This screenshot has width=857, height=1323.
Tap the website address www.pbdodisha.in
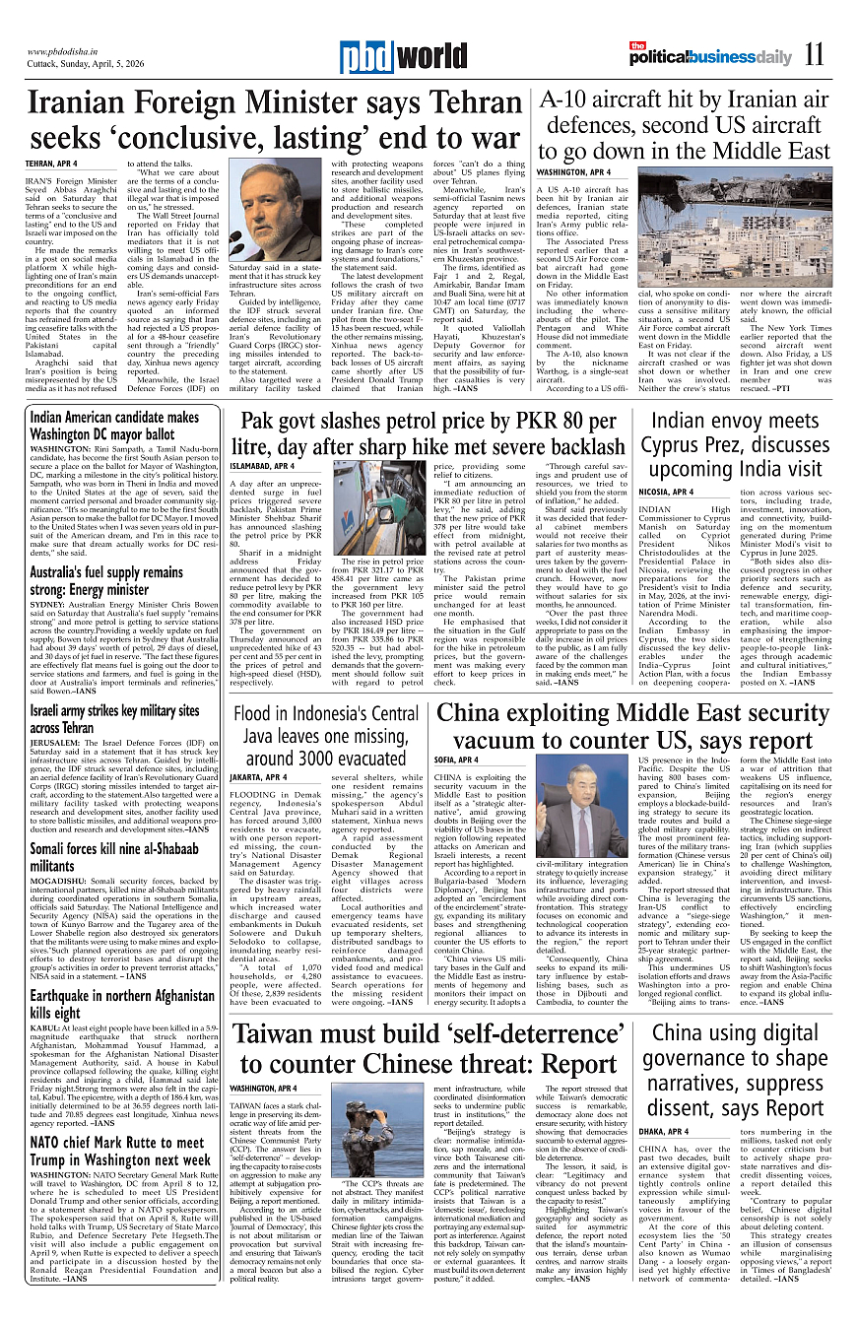pyautogui.click(x=65, y=51)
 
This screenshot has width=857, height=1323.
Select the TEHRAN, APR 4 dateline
pyautogui.click(x=51, y=163)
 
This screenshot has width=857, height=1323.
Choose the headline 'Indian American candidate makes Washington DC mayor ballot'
pyautogui.click(x=113, y=425)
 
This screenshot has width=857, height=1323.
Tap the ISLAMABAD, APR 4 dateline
pyautogui.click(x=262, y=465)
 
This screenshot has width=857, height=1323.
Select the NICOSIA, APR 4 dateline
pyautogui.click(x=666, y=492)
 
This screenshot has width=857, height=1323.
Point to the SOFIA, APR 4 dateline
pyautogui.click(x=456, y=761)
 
